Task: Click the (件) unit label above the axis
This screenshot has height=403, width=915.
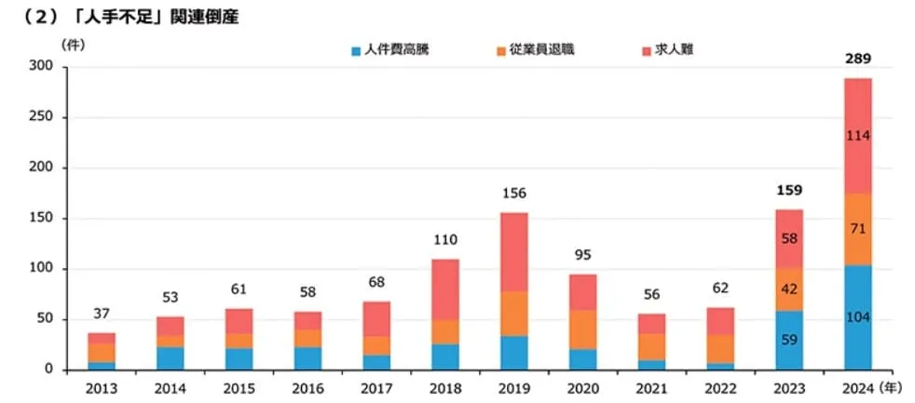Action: click(x=71, y=44)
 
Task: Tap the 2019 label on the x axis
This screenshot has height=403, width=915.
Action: click(x=514, y=387)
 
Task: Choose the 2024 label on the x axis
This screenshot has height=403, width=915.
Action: click(x=857, y=387)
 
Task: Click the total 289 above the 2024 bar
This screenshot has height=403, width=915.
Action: click(x=858, y=60)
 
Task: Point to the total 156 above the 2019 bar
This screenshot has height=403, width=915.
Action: click(x=514, y=194)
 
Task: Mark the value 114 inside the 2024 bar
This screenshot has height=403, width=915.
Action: click(x=858, y=136)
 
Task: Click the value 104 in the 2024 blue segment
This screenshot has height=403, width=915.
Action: click(x=858, y=317)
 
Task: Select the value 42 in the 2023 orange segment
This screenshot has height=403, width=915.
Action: click(x=787, y=289)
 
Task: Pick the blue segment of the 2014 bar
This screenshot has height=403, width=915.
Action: click(x=171, y=358)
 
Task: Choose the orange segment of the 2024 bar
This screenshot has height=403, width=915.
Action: click(x=858, y=229)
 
